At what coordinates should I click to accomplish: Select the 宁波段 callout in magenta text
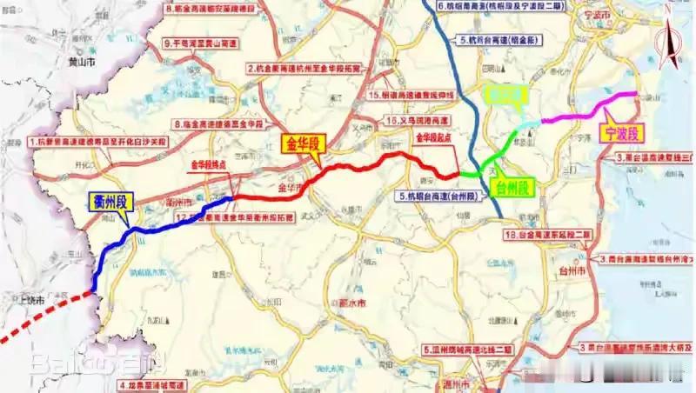[x=620, y=133]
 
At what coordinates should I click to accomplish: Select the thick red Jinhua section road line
[x=348, y=165]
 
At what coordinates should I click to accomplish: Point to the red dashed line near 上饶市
[x=43, y=317]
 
